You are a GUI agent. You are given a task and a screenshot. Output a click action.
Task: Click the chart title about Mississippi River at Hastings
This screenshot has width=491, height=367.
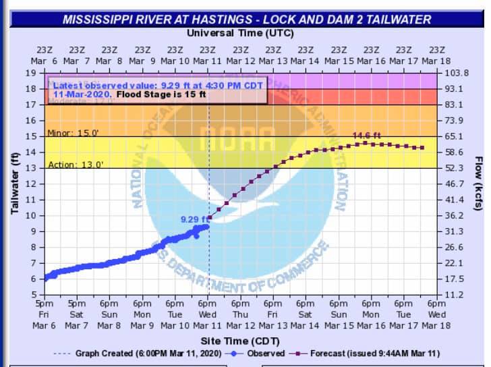[x=246, y=20]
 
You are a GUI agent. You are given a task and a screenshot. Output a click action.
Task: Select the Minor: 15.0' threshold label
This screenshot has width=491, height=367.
[x=73, y=133]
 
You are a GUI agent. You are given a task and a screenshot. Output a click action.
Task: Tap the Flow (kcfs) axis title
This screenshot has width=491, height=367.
[x=478, y=183]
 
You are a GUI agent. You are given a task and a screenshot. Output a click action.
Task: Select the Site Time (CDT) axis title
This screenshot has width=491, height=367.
[x=242, y=341]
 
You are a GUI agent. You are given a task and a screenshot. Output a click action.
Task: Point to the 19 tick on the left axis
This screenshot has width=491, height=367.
[x=31, y=73]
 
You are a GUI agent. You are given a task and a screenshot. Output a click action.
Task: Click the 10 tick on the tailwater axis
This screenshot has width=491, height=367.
[x=31, y=215]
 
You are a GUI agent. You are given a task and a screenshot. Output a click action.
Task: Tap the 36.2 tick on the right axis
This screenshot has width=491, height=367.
[x=455, y=215]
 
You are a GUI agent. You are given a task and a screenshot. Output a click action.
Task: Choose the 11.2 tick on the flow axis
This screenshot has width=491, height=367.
[x=455, y=295]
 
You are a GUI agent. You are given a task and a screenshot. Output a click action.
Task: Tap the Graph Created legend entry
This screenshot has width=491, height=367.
[x=146, y=354]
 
